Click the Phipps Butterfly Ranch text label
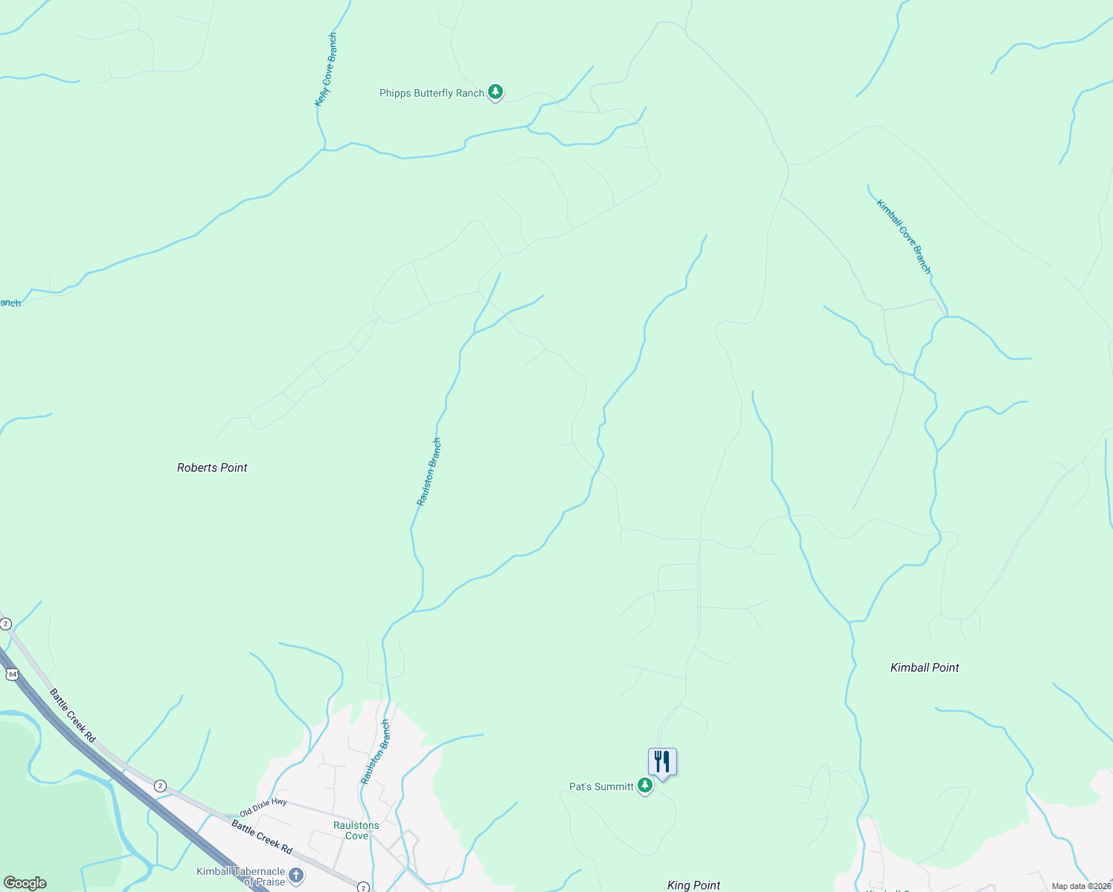pos(432,93)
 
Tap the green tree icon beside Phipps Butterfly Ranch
pos(495,92)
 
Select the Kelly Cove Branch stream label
pos(326,69)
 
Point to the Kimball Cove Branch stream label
pos(903,236)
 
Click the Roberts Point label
pos(212,468)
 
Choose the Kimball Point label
pos(925,668)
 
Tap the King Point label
pos(693,885)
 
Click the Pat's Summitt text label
pos(601,786)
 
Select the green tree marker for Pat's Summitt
pos(645,786)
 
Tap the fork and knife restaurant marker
pos(662,762)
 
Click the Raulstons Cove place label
pos(356,830)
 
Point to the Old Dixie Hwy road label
pos(263,807)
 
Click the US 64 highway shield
pos(11,674)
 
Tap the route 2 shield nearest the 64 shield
pos(6,624)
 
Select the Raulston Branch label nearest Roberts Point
pos(429,472)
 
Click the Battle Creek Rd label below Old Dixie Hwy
pos(261,836)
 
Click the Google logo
pos(25,883)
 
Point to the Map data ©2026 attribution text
pos(1080,886)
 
